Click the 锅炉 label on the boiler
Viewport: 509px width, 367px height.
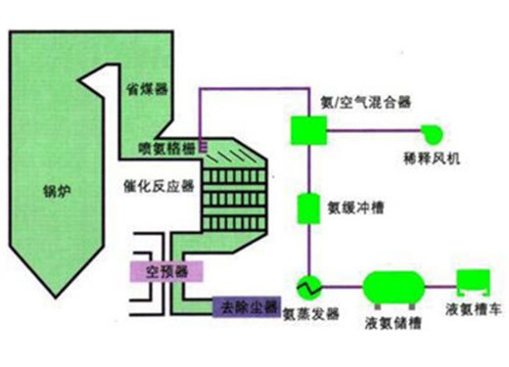coord(57,191)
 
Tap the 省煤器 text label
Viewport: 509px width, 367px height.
coord(147,89)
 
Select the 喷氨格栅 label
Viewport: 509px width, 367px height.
coord(166,149)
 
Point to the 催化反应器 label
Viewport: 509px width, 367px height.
coord(159,186)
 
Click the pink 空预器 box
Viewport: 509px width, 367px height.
coord(166,271)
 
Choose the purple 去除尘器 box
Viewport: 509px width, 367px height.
coord(247,306)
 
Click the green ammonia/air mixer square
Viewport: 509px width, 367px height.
coord(308,130)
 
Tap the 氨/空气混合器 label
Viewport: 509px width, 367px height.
coord(366,103)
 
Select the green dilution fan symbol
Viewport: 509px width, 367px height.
coord(432,134)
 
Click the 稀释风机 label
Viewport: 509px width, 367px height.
coord(432,159)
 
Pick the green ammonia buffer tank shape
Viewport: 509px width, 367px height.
coord(308,208)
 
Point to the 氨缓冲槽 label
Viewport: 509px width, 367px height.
coord(355,207)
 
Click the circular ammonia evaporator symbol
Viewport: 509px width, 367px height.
coord(308,287)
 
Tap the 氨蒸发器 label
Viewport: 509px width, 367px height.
coord(311,314)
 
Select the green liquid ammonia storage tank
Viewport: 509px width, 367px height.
coord(394,288)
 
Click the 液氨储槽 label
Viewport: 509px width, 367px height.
coord(393,323)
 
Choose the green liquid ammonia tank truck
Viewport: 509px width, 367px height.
coord(473,283)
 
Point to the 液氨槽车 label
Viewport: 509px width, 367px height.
coord(473,309)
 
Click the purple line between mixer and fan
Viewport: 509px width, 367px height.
coord(374,130)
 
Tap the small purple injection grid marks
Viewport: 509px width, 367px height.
coord(203,147)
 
